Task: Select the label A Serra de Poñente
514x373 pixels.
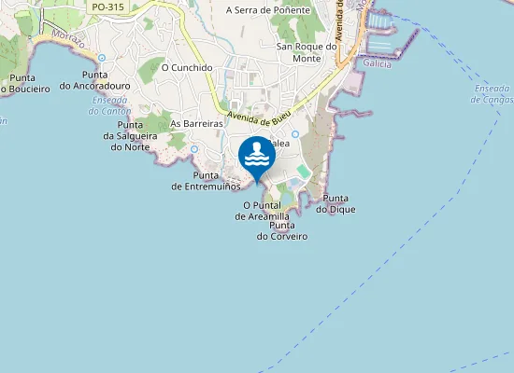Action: (x=267, y=10)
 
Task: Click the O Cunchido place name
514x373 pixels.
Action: (x=187, y=68)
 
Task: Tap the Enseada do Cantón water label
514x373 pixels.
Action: (x=110, y=105)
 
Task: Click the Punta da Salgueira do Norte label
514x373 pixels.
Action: (x=129, y=135)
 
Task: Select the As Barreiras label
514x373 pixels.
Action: (x=196, y=123)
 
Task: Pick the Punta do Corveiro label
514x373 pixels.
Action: (x=282, y=231)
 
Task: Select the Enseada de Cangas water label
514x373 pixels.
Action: (x=493, y=93)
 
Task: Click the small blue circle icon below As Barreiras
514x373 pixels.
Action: (x=193, y=149)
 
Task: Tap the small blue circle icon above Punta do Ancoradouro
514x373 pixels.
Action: (x=102, y=58)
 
